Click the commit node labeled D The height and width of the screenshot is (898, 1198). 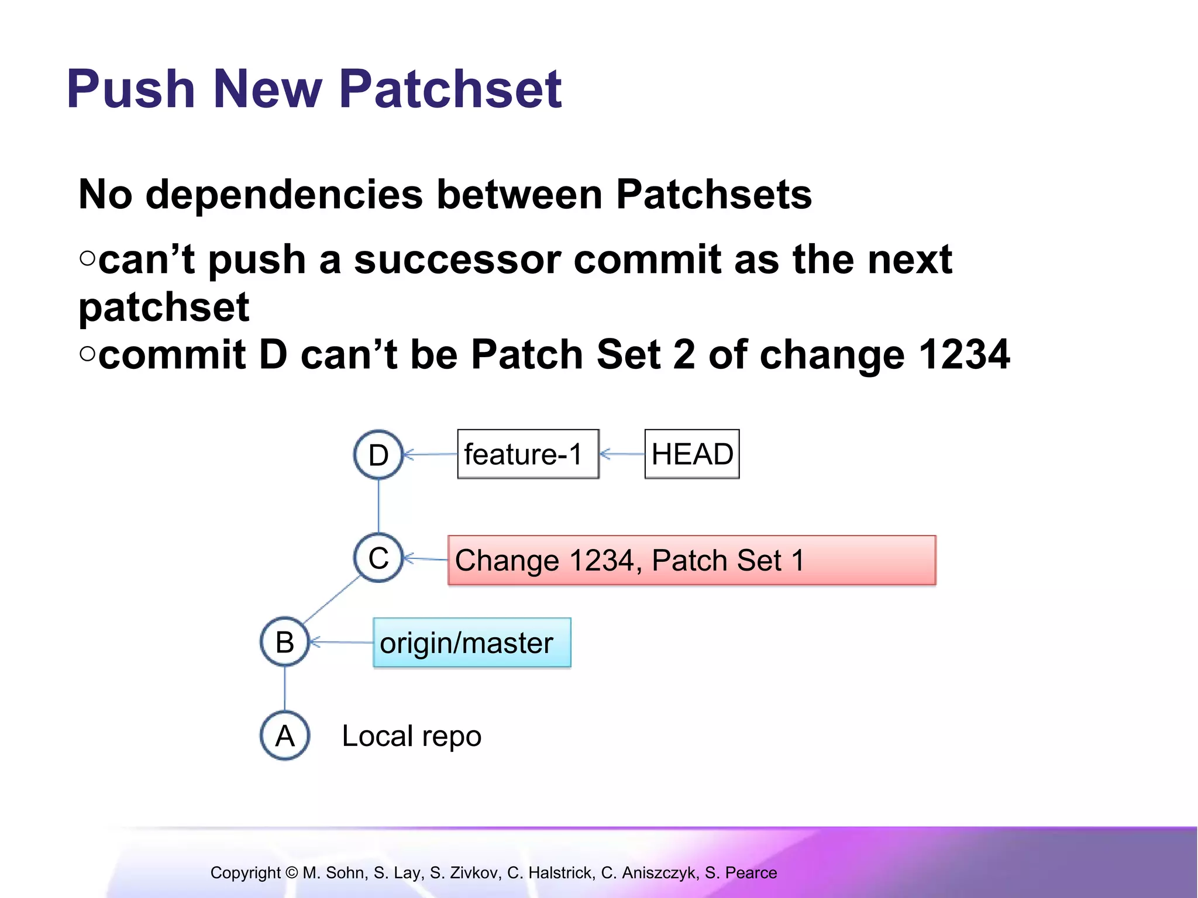(x=378, y=454)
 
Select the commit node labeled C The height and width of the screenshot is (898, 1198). (x=378, y=558)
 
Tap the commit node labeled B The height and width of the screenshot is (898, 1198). (x=285, y=642)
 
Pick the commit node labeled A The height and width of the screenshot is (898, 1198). (x=285, y=735)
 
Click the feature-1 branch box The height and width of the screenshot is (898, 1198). (x=528, y=454)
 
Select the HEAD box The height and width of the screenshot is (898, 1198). (x=692, y=454)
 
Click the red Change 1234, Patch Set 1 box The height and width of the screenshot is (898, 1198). (x=691, y=560)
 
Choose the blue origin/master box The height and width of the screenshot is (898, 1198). (x=471, y=643)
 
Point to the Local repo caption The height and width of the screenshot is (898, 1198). (x=411, y=736)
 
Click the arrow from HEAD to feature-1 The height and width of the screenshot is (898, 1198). (x=622, y=454)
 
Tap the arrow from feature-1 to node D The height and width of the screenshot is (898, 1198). (x=431, y=454)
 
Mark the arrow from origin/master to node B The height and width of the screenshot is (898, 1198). (x=341, y=643)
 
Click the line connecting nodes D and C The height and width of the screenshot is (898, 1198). (x=378, y=506)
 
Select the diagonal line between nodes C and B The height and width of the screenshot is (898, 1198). (x=332, y=599)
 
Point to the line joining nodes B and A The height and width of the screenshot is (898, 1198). (x=285, y=689)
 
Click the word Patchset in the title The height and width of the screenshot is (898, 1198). (x=450, y=89)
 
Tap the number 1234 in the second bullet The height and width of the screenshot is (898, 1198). (x=964, y=354)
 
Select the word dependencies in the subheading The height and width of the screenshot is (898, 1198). (x=284, y=194)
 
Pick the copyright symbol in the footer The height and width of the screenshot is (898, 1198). (x=291, y=873)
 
